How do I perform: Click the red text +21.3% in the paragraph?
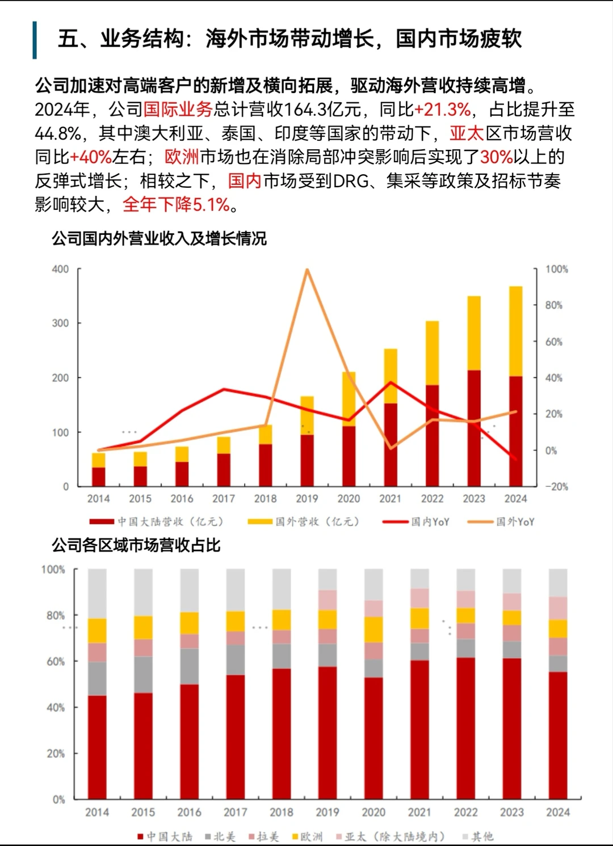pos(442,109)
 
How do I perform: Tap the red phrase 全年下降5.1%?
pos(176,204)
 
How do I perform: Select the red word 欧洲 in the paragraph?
pos(182,157)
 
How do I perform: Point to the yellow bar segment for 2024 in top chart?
pos(515,331)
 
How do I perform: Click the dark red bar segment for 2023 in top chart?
pos(474,428)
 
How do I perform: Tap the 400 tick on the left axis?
pos(60,269)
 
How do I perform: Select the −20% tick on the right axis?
pos(556,486)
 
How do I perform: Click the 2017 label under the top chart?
pos(223,499)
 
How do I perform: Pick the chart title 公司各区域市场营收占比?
pos(136,545)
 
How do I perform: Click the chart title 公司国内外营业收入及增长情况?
pos(159,238)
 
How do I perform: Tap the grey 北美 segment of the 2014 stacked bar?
pos(97,679)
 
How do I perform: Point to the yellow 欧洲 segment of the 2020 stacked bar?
pos(373,629)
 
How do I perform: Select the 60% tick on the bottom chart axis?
pos(55,662)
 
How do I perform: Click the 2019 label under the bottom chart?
pos(328,812)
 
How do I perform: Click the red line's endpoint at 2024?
pos(515,458)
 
